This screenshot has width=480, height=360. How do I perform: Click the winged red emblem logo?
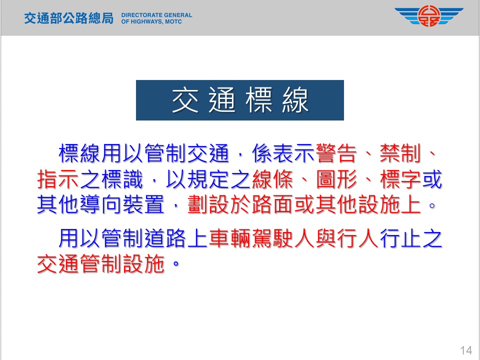[429, 16]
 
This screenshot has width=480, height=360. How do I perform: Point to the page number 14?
[466, 350]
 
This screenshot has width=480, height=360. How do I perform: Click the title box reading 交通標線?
[240, 100]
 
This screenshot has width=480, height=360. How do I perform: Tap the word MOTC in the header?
[173, 21]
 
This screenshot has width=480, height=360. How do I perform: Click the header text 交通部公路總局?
[69, 18]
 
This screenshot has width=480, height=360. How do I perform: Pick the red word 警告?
[336, 153]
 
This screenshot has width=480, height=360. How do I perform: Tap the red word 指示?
[58, 179]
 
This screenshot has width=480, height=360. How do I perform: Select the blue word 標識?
[122, 179]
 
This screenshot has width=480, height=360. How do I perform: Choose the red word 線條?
[272, 179]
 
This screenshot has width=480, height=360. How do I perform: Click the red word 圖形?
[336, 179]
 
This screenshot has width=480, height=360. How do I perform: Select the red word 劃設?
[208, 204]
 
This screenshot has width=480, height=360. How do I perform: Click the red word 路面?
[272, 204]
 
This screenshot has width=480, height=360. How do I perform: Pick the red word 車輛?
[229, 238]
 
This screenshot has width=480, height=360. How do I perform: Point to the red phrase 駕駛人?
[283, 238]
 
